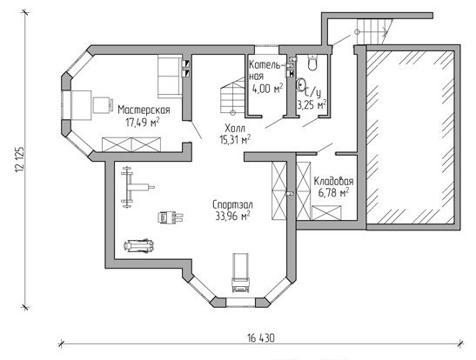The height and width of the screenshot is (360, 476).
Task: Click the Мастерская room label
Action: [x=144, y=110]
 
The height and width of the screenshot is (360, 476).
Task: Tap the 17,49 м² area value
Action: [x=143, y=122]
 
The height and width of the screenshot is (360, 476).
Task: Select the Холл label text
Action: [x=235, y=128]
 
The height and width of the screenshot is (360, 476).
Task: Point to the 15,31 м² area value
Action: [x=235, y=139]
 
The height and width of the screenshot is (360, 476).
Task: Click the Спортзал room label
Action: [x=232, y=204]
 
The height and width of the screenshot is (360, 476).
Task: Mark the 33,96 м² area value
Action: [x=233, y=216]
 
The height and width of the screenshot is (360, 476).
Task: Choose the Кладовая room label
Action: [x=333, y=181]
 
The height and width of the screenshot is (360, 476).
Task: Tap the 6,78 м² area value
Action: [x=333, y=192]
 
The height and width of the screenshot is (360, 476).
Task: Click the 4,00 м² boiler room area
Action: [x=267, y=88]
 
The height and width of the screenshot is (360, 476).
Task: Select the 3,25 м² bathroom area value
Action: [x=312, y=105]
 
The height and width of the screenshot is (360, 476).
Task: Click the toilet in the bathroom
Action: [x=312, y=62]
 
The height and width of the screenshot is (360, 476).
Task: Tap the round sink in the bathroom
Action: [x=301, y=84]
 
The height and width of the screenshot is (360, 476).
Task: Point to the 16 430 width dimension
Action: [x=261, y=337]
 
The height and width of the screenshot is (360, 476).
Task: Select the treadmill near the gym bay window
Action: [x=241, y=273]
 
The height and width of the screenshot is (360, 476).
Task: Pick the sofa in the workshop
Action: [x=170, y=77]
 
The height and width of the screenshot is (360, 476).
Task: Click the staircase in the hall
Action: [x=232, y=96]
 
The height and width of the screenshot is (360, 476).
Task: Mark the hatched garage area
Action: [x=410, y=137]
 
